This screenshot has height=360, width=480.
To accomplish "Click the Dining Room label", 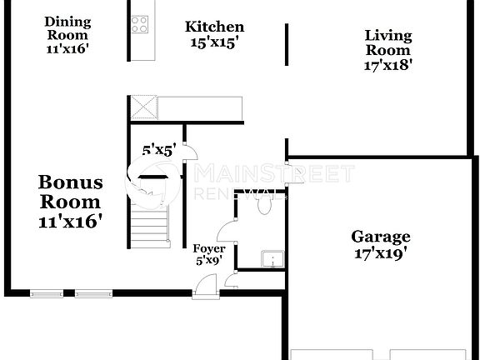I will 67,28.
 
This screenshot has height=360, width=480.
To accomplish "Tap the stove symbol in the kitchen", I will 140,25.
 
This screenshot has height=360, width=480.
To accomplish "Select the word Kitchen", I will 214,27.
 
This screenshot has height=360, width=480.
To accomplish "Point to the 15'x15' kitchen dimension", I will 214,42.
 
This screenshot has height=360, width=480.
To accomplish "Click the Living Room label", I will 388,42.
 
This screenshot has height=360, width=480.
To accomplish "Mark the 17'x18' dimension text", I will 388,63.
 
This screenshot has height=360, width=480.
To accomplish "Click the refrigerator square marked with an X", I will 142,108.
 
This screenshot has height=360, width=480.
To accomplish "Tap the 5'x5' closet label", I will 158,151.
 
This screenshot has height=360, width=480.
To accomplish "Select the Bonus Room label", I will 71,192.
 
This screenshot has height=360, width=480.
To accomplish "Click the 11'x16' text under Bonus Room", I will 71,222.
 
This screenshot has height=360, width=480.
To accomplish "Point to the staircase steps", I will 151,225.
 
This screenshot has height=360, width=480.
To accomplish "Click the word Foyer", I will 209,248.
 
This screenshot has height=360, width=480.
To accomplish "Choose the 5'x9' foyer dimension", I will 209,260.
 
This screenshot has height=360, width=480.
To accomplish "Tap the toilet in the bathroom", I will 265,206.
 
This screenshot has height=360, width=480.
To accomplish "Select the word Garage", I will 379,236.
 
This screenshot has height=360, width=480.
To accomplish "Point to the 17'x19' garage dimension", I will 379,254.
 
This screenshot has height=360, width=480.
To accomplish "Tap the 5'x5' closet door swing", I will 189,152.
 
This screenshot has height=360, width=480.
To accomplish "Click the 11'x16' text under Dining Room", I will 67,48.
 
